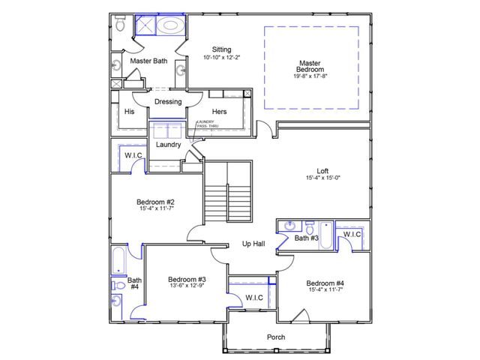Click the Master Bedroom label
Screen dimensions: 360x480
310,67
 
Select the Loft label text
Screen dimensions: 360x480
323,171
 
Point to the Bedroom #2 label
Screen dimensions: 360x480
155,202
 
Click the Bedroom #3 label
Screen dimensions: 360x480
187,279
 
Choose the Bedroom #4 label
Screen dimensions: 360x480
325,283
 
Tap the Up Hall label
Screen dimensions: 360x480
253,244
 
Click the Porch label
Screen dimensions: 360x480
276,337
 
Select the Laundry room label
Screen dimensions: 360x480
168,145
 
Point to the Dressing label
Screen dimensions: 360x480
168,102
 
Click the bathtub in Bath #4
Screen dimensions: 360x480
119,259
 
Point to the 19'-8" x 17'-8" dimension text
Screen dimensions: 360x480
310,76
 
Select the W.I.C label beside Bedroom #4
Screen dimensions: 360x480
352,235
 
